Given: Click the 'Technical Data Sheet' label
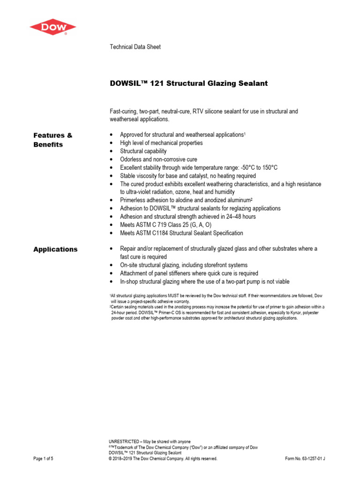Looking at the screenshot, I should point(135,47).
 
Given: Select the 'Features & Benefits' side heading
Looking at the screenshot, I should point(53,140).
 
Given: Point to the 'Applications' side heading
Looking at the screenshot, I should point(55,249).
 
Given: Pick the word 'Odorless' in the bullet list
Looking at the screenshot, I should point(132,159).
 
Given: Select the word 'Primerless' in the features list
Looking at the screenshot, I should point(134,200).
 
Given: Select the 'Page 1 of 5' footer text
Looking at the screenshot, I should point(44,459).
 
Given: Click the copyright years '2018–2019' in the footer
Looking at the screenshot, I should point(123,459).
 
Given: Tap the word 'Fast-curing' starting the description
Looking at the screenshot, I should point(123,112).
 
